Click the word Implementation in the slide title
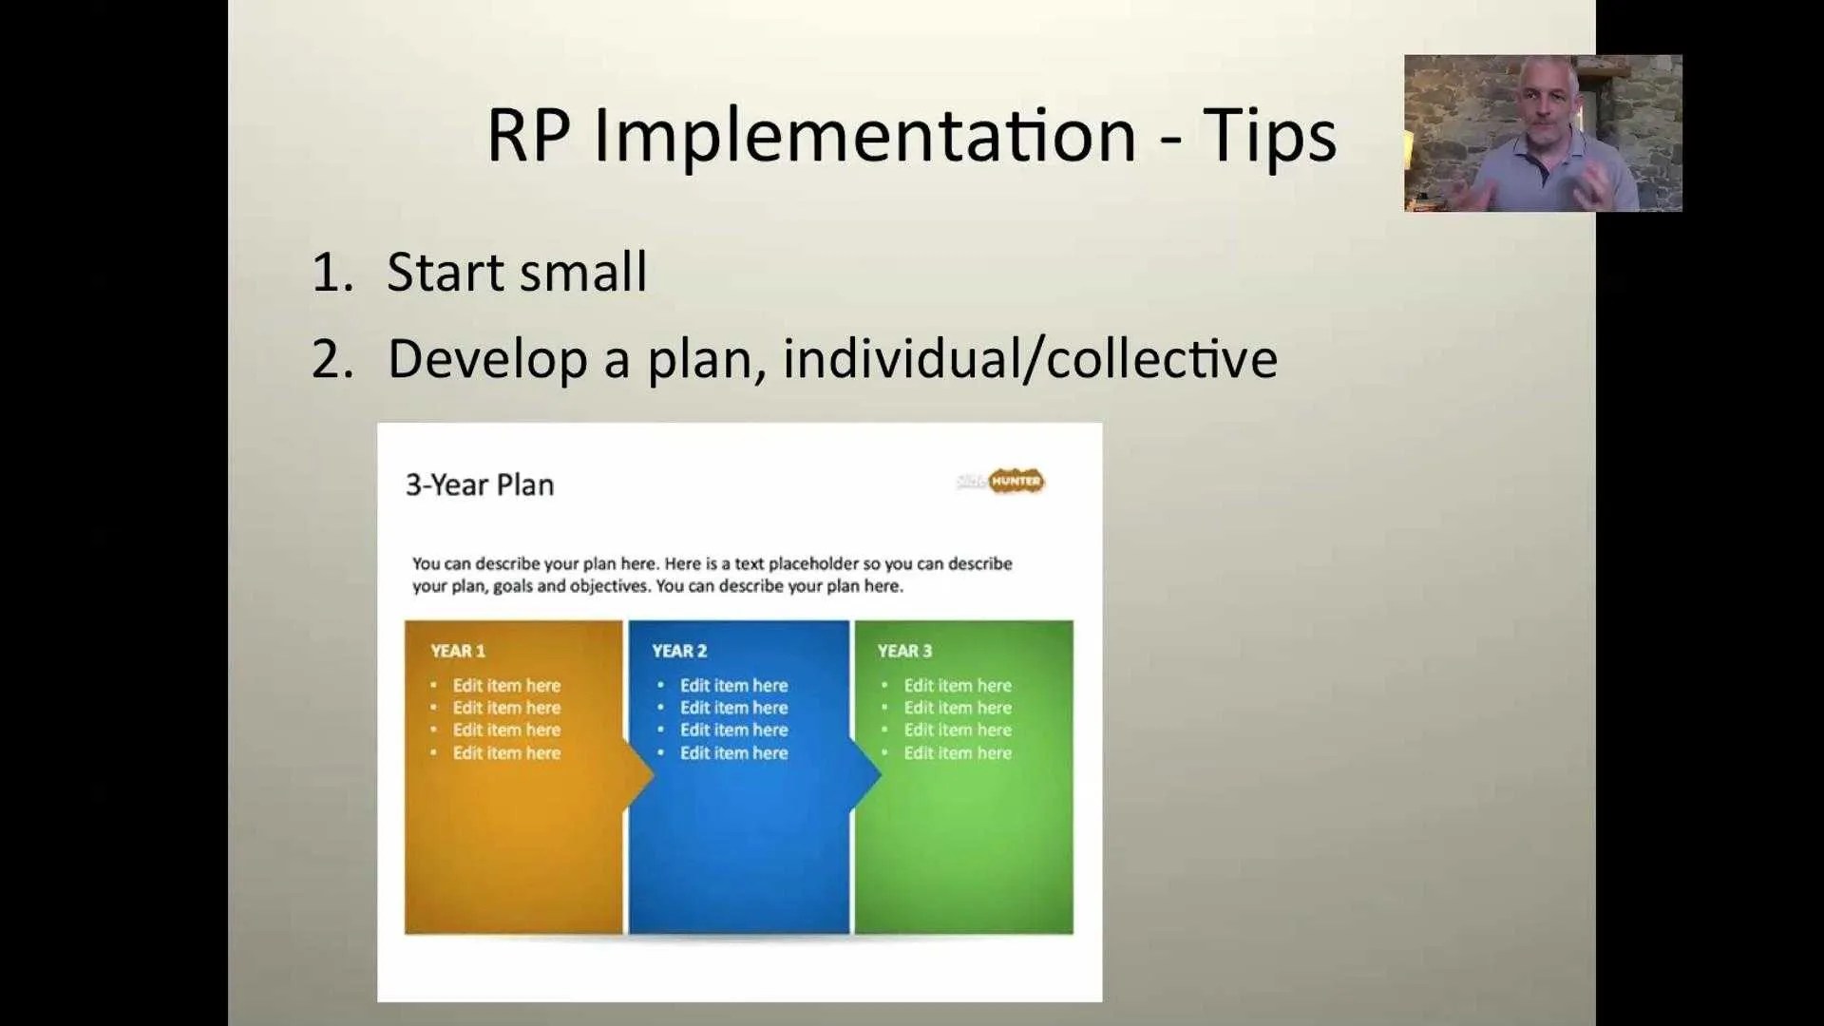click(x=864, y=137)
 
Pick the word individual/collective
click(x=1030, y=358)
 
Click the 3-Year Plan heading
click(x=480, y=484)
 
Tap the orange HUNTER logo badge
click(x=1016, y=482)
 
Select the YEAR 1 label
click(x=458, y=651)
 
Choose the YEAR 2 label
click(x=679, y=651)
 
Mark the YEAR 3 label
click(x=904, y=651)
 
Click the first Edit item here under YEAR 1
click(x=506, y=685)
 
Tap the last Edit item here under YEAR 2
click(x=734, y=752)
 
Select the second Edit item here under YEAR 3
click(x=958, y=708)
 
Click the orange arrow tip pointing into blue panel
click(x=654, y=774)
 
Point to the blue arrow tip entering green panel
click(x=881, y=774)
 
